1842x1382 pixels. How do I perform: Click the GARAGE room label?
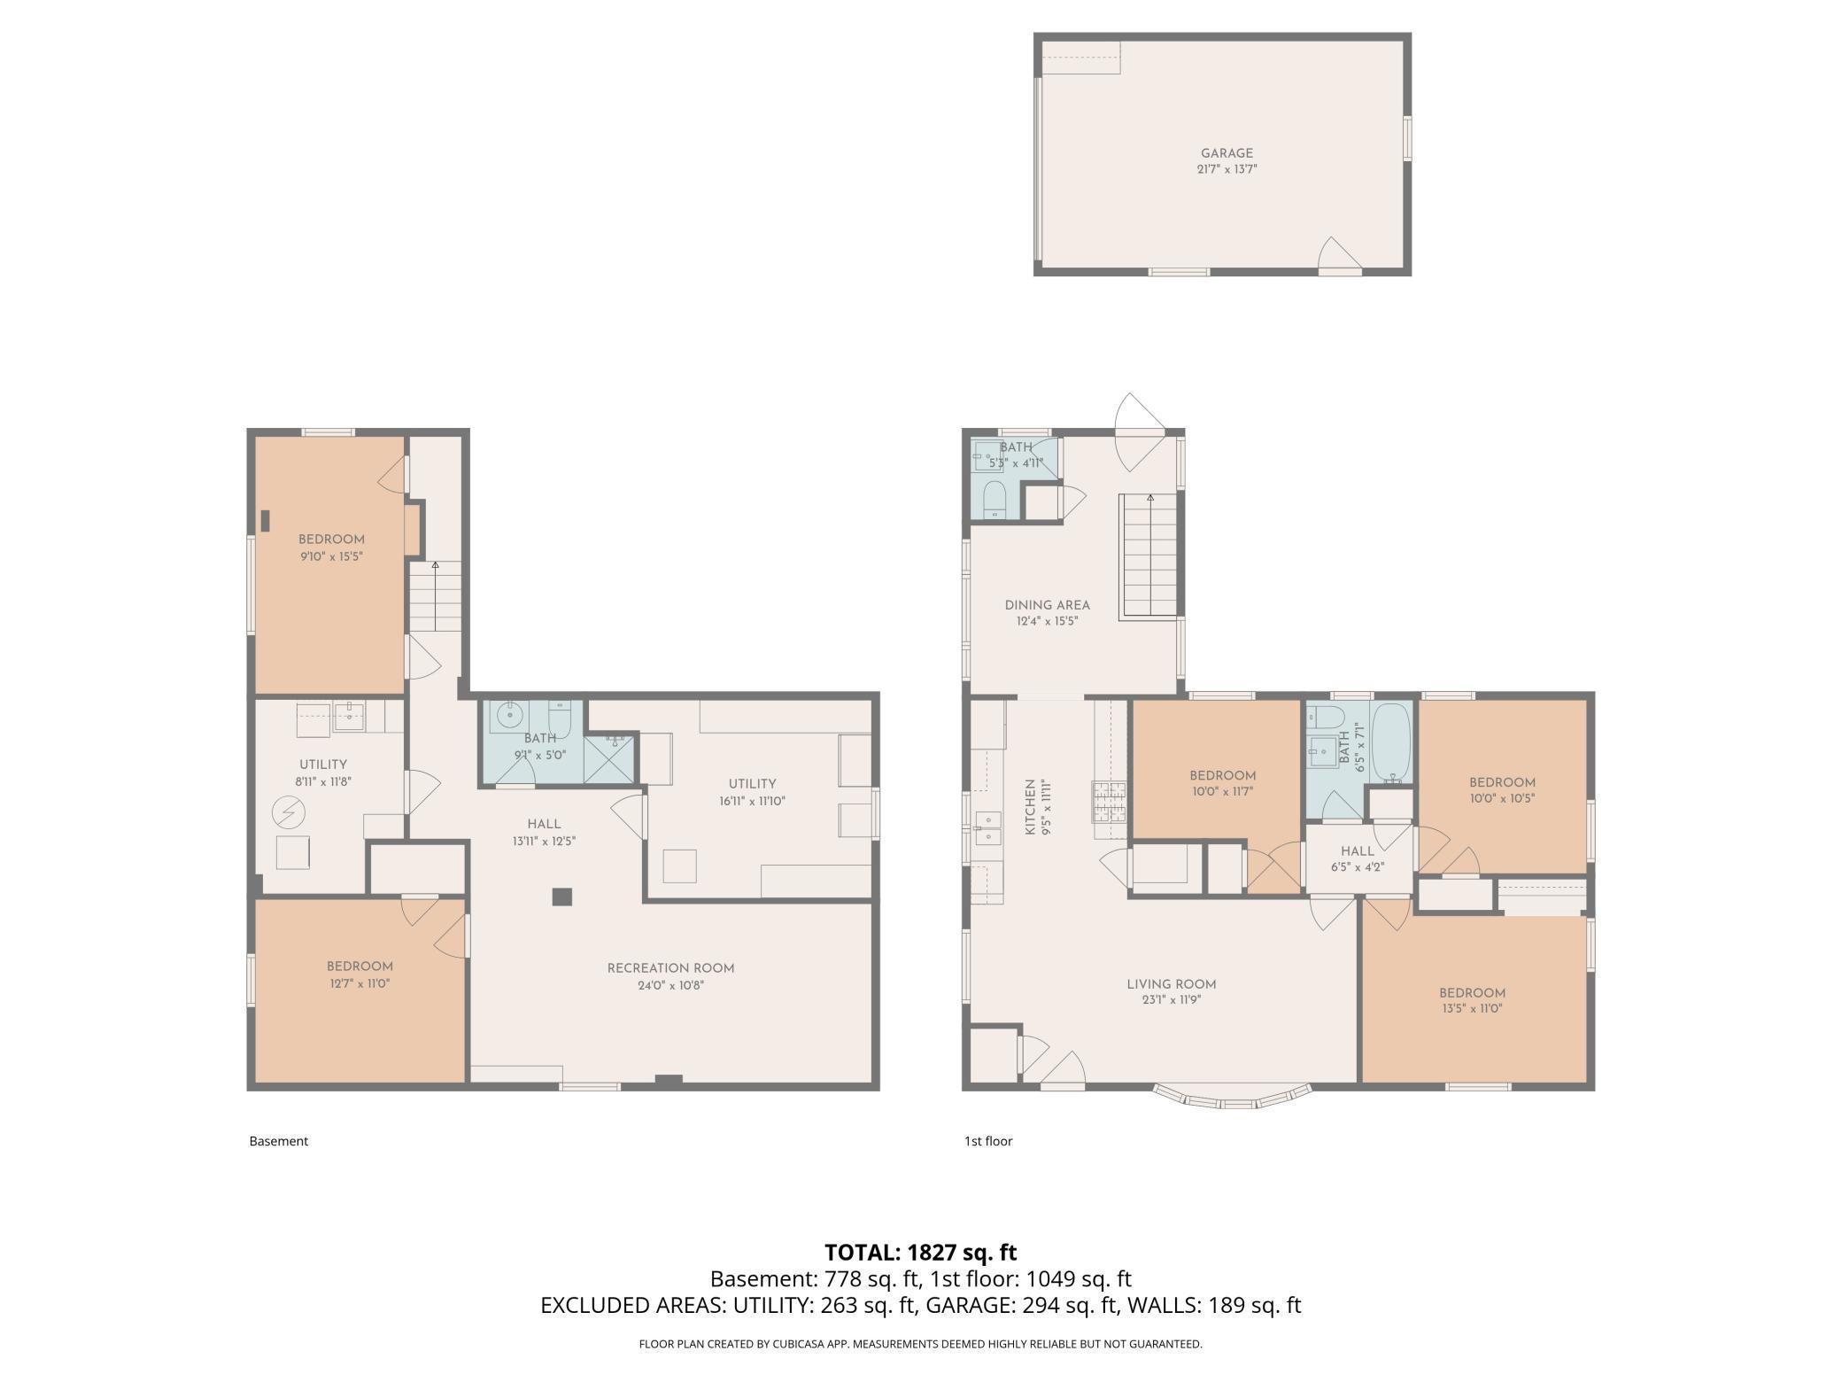(x=1227, y=153)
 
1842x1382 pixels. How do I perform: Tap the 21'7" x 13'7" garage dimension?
(x=1227, y=169)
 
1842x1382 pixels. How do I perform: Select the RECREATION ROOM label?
(x=670, y=968)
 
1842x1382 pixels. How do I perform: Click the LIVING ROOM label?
(x=1171, y=984)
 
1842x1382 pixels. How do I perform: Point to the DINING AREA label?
(x=1047, y=605)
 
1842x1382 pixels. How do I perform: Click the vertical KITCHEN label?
(x=1030, y=807)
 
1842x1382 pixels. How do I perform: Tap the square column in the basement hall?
(x=561, y=897)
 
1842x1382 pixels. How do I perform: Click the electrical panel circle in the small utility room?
(x=289, y=811)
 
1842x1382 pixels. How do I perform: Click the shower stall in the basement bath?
(x=609, y=757)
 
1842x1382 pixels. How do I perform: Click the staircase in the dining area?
(x=1149, y=556)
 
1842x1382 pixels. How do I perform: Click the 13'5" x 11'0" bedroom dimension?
(x=1471, y=1008)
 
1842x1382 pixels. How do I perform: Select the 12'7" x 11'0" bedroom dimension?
(x=359, y=982)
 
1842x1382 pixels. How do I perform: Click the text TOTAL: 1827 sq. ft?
(x=920, y=1252)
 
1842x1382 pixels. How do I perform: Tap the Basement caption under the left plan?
(x=278, y=1141)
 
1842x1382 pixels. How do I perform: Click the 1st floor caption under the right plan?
(x=987, y=1141)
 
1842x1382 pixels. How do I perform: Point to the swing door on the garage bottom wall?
(x=1337, y=256)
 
